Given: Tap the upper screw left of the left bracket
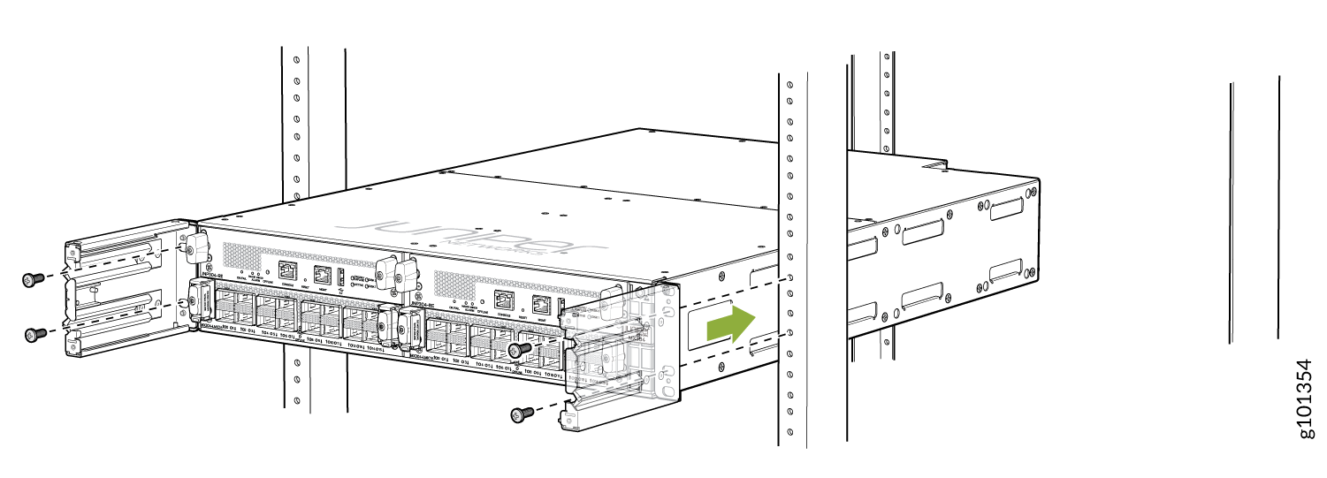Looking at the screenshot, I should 33,279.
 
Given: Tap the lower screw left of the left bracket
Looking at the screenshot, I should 34,334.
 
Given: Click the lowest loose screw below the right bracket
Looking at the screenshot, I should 522,413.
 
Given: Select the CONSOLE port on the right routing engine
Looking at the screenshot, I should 505,301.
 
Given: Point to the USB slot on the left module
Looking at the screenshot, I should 343,276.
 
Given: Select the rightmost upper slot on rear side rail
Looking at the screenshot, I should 1007,209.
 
